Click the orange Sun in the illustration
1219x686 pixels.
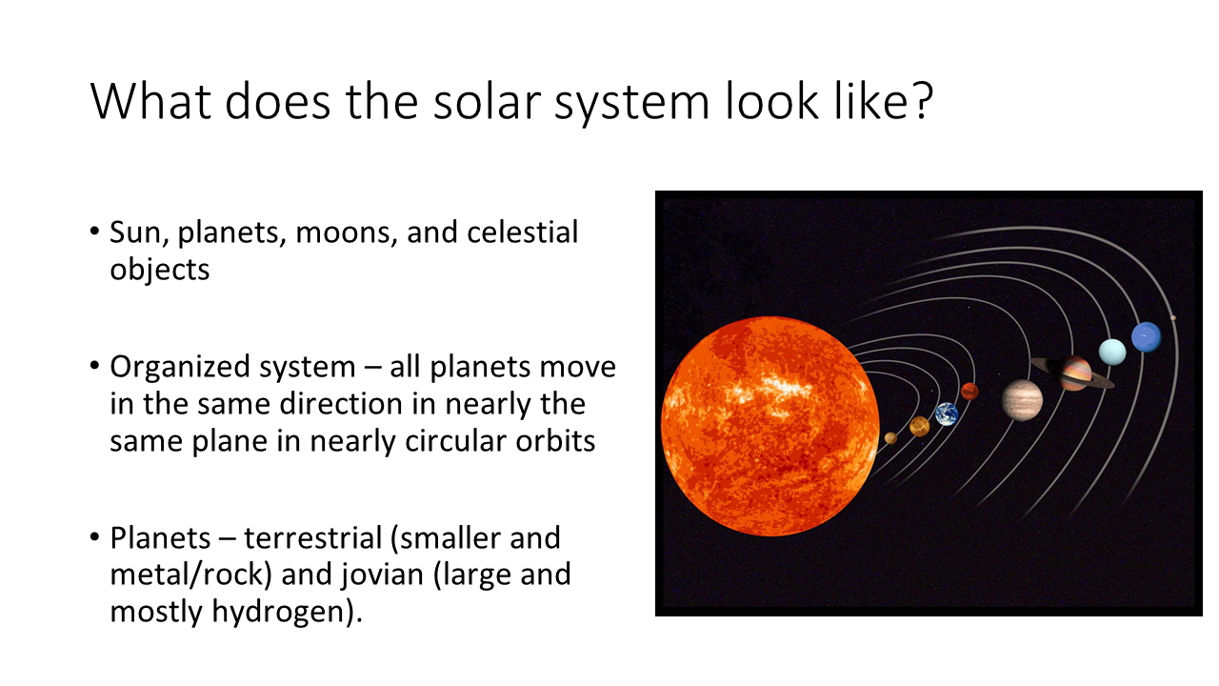click(x=770, y=426)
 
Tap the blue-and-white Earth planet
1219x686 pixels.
click(x=947, y=414)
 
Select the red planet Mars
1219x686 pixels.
click(x=969, y=391)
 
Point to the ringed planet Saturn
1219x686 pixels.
click(x=1072, y=373)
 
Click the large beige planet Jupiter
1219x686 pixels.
click(x=1023, y=401)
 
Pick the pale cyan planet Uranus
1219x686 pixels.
click(x=1112, y=352)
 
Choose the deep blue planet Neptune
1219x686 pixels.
click(x=1146, y=337)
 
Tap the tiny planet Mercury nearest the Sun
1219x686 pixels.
click(x=890, y=437)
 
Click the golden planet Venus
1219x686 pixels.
click(x=920, y=427)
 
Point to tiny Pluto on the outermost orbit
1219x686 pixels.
click(x=1173, y=318)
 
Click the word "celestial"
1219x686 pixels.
click(x=523, y=232)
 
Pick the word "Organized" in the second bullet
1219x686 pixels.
click(x=178, y=368)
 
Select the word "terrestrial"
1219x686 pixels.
click(x=312, y=538)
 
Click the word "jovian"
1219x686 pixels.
click(x=383, y=575)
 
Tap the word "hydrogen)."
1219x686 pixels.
click(x=287, y=612)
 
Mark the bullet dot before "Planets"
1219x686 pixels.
click(x=94, y=537)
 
